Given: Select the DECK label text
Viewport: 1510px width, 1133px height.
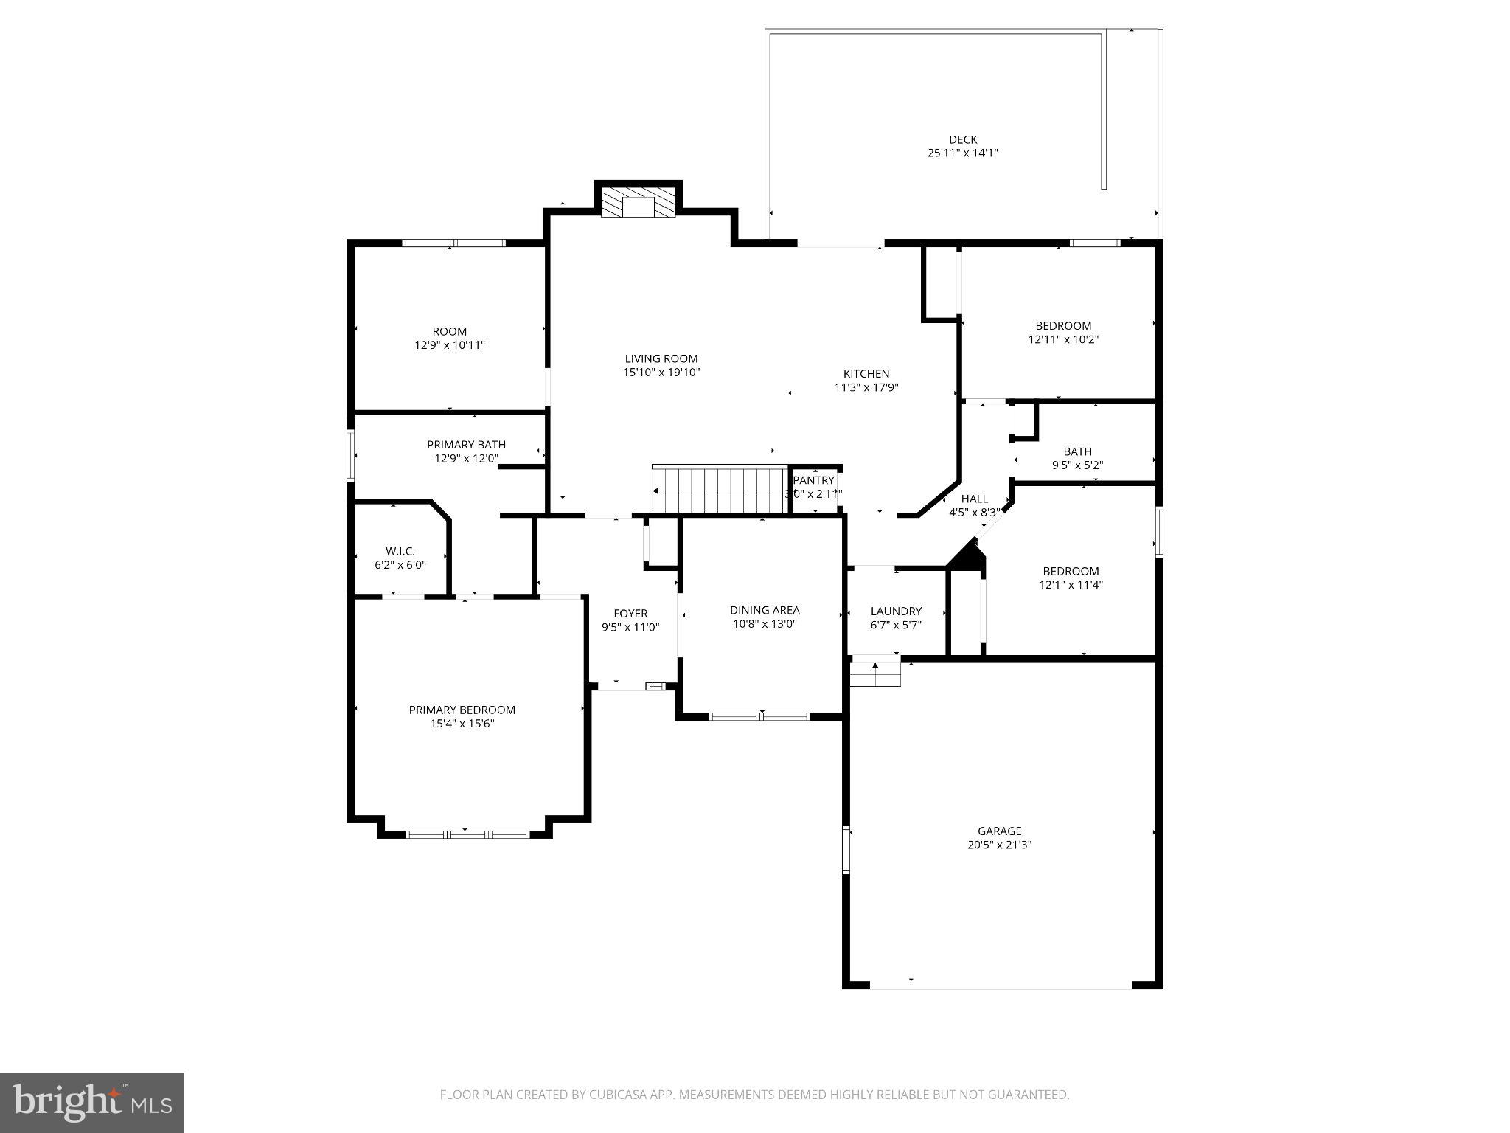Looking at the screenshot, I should pyautogui.click(x=962, y=139).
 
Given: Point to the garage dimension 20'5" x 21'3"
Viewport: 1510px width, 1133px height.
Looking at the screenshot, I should pyautogui.click(x=999, y=845).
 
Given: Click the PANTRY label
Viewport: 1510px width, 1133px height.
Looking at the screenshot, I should pyautogui.click(x=814, y=480).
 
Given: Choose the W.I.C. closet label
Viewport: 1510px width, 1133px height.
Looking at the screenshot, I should pyautogui.click(x=400, y=551).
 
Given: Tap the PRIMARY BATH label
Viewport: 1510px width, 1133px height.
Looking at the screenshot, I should pyautogui.click(x=466, y=444).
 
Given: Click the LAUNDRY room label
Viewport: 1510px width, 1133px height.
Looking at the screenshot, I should pyautogui.click(x=896, y=611).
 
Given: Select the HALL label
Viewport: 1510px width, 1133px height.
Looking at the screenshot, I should pyautogui.click(x=974, y=499).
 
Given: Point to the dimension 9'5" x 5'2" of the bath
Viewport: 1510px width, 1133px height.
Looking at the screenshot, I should pyautogui.click(x=1077, y=465).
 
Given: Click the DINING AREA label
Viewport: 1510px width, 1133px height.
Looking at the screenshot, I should pyautogui.click(x=765, y=610).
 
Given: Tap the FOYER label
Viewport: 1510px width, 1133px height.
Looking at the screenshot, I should pyautogui.click(x=630, y=613).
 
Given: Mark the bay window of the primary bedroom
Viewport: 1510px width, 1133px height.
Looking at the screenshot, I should pyautogui.click(x=467, y=834).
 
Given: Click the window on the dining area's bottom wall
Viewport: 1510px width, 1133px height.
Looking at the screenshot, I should pyautogui.click(x=759, y=716).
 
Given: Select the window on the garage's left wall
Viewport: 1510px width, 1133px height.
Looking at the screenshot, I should pyautogui.click(x=847, y=850).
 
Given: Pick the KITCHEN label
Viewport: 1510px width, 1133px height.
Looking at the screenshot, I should pyautogui.click(x=866, y=373).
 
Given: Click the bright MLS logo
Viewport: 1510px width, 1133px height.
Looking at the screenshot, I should pyautogui.click(x=92, y=1103).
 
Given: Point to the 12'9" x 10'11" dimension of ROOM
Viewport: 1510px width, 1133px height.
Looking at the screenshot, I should pyautogui.click(x=449, y=345).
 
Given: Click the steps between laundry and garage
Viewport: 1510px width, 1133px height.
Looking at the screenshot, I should pyautogui.click(x=875, y=673).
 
